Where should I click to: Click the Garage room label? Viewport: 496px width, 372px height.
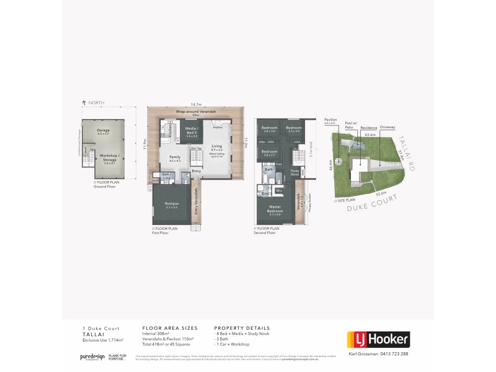(104, 131)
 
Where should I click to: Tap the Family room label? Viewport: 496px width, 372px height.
(174, 158)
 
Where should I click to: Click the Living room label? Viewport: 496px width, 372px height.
(216, 147)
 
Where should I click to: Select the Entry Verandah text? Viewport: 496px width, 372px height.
(197, 200)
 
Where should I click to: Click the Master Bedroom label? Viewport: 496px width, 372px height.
(276, 211)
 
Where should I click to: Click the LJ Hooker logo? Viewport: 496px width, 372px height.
(377, 339)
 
